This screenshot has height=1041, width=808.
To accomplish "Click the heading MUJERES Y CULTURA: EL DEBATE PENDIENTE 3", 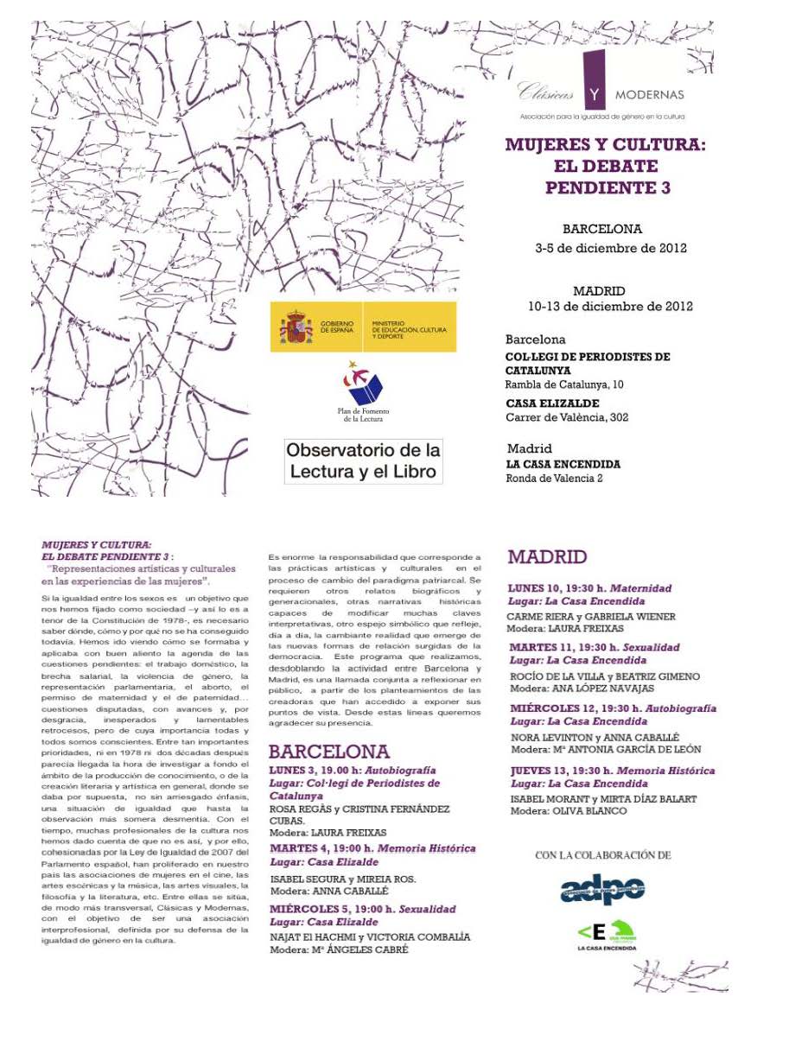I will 606,166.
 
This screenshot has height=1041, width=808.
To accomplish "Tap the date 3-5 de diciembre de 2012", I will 610,249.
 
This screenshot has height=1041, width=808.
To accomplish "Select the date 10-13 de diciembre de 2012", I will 610,307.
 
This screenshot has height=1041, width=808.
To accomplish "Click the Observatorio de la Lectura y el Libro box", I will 364,461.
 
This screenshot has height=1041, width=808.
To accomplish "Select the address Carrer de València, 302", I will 567,417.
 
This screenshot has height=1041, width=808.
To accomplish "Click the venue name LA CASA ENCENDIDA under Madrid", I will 563,465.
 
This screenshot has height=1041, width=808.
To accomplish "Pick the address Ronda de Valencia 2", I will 554,479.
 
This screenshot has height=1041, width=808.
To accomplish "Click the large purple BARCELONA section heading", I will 328,751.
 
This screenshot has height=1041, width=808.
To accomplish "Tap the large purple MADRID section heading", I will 547,557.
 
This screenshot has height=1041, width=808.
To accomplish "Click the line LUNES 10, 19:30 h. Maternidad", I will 589,588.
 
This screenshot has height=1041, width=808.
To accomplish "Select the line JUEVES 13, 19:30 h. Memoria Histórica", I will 612,771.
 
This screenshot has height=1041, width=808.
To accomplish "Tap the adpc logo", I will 602,890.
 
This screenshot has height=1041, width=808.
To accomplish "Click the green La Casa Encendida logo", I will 606,934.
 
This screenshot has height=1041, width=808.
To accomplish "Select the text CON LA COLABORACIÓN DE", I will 602,855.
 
